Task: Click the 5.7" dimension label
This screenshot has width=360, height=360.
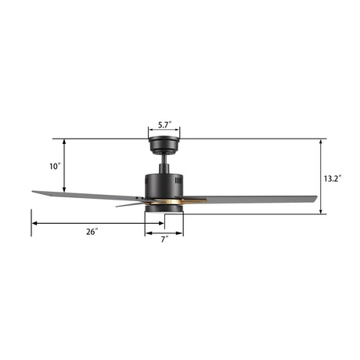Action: tap(164, 124)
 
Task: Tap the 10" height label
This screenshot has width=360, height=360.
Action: tap(54, 167)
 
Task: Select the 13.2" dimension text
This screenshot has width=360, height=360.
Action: tap(331, 178)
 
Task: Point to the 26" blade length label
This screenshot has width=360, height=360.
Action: tap(92, 232)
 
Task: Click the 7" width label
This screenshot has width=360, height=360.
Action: tap(164, 239)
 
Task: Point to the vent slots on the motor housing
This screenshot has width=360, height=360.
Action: tap(178, 182)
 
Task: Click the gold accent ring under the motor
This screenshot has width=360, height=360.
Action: tap(164, 202)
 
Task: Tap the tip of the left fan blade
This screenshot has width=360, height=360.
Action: tap(36, 192)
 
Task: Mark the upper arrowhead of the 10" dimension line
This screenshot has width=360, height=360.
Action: tap(64, 142)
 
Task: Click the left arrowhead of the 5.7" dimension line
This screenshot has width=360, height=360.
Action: tap(149, 131)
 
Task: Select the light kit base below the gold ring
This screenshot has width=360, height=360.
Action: tap(164, 210)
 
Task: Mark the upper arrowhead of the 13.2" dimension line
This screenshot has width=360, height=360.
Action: tap(321, 142)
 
